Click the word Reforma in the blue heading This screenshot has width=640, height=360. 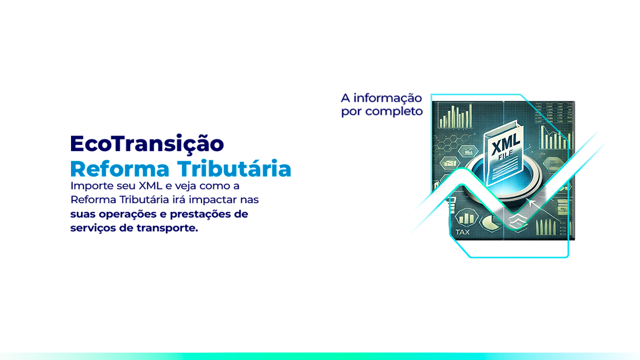(x=119, y=168)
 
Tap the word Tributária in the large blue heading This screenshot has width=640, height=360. (x=234, y=168)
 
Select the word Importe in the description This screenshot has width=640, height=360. (x=92, y=186)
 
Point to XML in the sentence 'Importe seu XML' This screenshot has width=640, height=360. (x=150, y=185)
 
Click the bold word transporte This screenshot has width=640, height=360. (x=167, y=228)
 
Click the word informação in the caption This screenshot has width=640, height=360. (x=387, y=98)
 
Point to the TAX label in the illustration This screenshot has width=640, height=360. (x=462, y=232)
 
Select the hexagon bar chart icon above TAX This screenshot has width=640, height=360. (x=466, y=217)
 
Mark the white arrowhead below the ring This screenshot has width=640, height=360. (x=532, y=203)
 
